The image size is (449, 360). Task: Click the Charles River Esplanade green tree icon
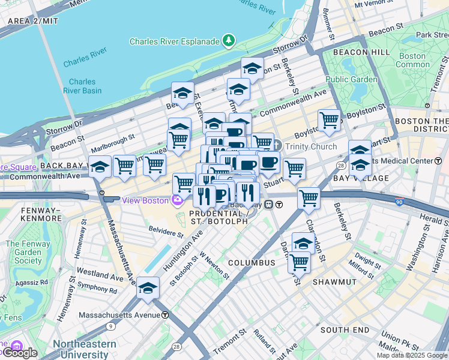(x=228, y=41)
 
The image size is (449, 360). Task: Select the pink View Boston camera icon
(x=177, y=200)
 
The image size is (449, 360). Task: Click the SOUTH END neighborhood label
(x=345, y=330)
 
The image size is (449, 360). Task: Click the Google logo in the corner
(x=19, y=352)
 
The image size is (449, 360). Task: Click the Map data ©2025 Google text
(x=412, y=355)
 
